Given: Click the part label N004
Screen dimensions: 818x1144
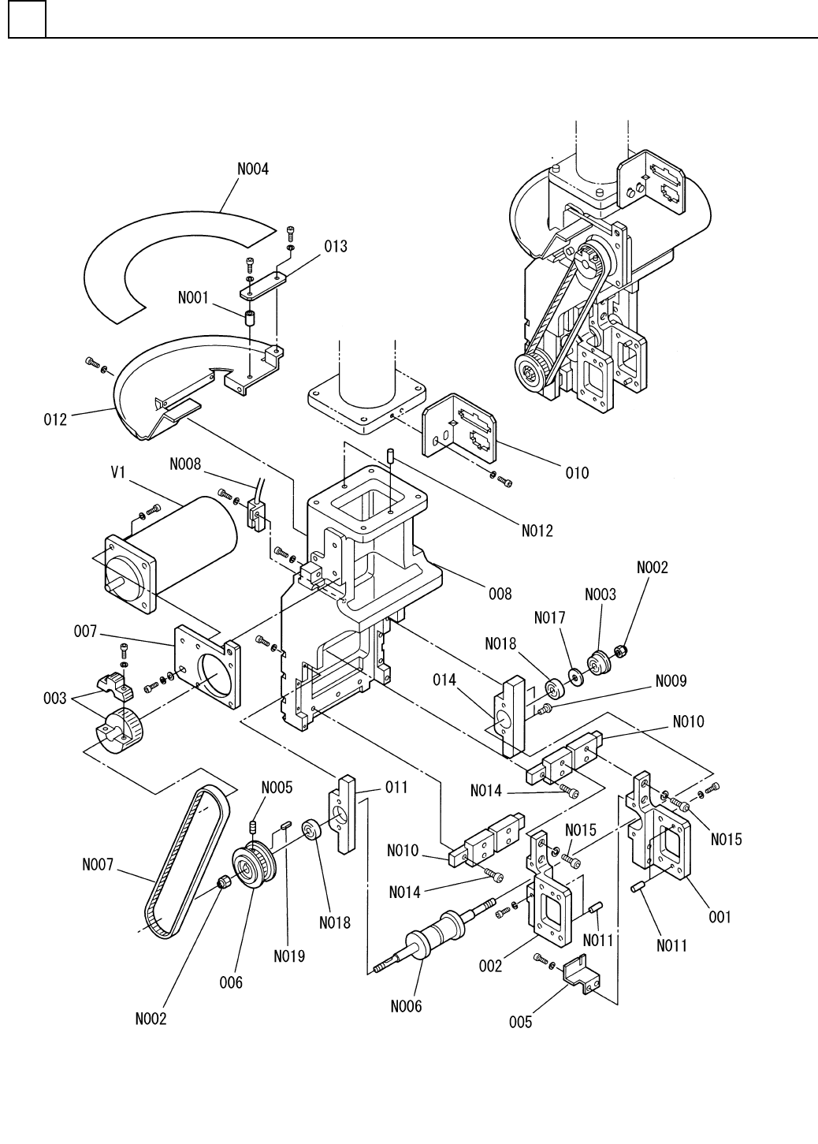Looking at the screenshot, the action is tap(253, 169).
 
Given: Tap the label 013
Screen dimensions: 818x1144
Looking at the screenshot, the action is tap(336, 247).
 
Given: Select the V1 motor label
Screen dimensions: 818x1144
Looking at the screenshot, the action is tap(118, 472).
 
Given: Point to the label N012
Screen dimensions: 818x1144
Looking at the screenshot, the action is tap(537, 531).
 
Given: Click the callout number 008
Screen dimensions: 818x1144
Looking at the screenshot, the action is tap(500, 594).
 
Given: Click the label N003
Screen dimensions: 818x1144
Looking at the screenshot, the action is tap(600, 594).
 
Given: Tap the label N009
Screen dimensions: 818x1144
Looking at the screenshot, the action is tap(671, 680).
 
